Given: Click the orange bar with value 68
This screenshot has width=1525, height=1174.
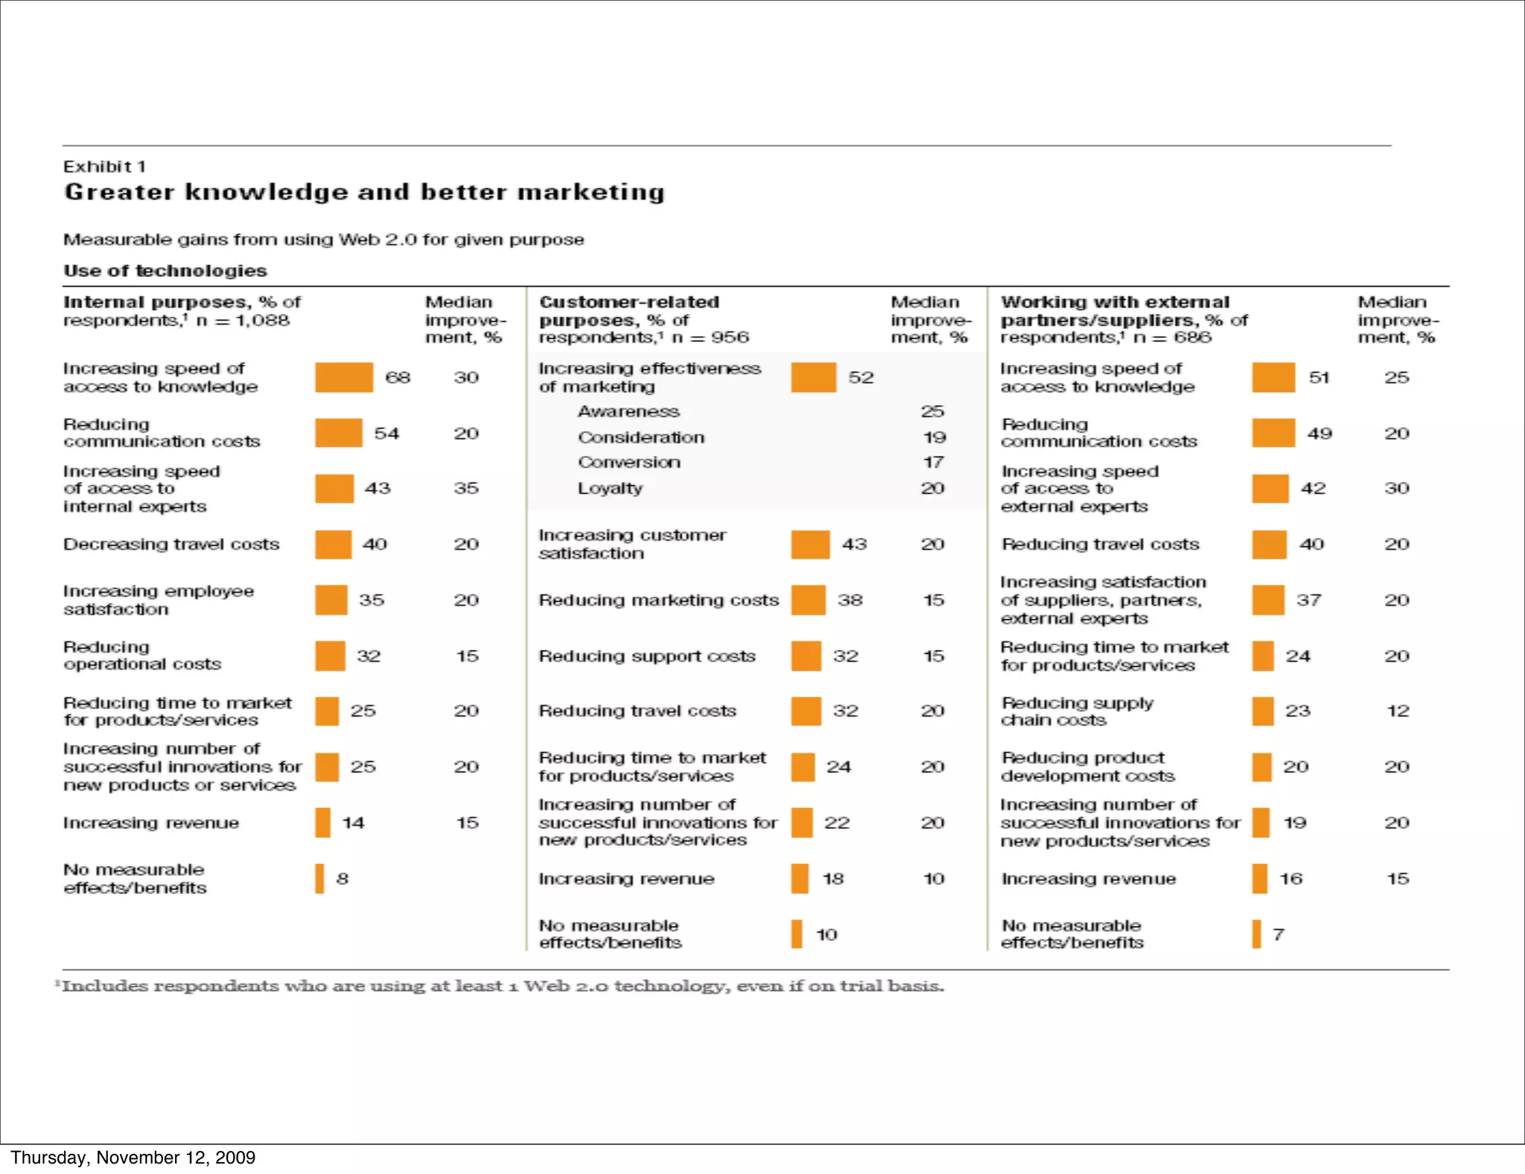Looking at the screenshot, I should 343,377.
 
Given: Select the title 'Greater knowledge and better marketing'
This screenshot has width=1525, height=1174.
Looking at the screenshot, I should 364,192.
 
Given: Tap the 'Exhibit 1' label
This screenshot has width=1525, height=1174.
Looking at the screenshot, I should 104,166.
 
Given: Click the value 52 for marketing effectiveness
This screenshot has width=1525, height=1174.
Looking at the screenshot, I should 860,378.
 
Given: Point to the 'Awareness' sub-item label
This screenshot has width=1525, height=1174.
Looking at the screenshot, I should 628,411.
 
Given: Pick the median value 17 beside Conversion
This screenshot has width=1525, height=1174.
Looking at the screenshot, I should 933,463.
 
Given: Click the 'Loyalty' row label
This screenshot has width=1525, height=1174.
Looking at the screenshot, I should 610,489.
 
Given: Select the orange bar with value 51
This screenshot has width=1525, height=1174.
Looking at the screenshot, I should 1273,377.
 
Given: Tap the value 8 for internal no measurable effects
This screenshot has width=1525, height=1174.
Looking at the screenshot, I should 342,878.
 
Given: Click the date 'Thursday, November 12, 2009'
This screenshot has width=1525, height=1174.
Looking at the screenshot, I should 133,1157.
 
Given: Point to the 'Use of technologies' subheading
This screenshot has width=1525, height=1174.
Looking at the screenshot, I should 165,270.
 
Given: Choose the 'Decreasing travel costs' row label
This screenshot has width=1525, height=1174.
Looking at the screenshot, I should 171,545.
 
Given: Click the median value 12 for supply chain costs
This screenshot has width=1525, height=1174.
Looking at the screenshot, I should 1397,711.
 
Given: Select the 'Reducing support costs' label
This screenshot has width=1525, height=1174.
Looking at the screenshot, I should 646,656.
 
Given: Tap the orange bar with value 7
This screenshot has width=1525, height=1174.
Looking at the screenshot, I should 1256,933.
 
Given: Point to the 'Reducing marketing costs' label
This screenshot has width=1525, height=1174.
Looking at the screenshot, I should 658,600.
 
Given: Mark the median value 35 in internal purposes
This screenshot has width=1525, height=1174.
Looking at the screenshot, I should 466,489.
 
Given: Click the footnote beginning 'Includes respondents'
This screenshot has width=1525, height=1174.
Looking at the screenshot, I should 503,986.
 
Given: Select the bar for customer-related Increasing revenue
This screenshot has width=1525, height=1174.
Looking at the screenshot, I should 800,878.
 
